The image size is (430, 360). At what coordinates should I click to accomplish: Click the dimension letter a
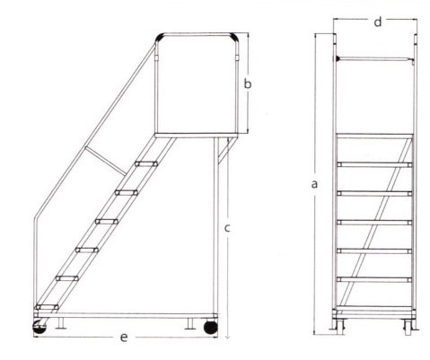tap(314, 184)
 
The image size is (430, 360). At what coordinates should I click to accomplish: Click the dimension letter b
tap(248, 83)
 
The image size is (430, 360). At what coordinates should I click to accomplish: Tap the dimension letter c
tap(227, 228)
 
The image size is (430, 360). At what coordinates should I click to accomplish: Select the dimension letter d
tap(378, 22)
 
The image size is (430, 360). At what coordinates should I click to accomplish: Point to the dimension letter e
tap(124, 338)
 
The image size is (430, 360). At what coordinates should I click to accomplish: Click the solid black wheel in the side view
tap(211, 328)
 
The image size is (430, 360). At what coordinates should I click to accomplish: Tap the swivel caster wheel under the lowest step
tap(39, 327)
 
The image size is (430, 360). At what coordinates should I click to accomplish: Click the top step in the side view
tap(146, 163)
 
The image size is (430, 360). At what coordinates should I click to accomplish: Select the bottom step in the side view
tap(47, 307)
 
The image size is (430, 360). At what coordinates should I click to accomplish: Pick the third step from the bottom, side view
tap(87, 250)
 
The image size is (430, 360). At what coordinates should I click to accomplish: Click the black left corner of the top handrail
tap(160, 37)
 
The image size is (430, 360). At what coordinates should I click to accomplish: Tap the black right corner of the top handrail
tap(234, 37)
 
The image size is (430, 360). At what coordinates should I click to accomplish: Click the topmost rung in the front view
tap(374, 164)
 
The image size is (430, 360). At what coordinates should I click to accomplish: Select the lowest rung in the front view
tap(374, 280)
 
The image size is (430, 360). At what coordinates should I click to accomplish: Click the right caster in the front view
tap(408, 327)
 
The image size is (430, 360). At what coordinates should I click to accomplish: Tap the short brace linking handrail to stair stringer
tap(105, 161)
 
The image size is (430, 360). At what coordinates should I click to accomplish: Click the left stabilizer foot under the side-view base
tap(61, 323)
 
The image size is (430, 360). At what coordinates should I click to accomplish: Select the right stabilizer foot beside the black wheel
tap(190, 323)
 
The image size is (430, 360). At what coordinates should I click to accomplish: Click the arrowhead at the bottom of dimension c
tap(227, 337)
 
